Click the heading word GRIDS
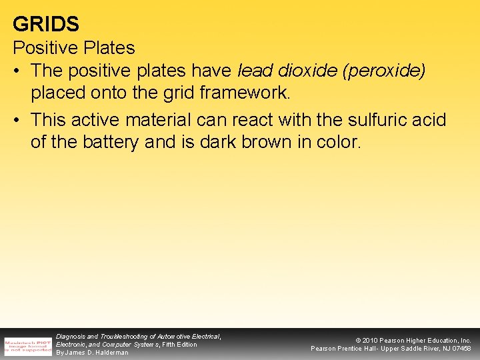coord(46,24)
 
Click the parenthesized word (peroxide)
coord(383,71)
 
